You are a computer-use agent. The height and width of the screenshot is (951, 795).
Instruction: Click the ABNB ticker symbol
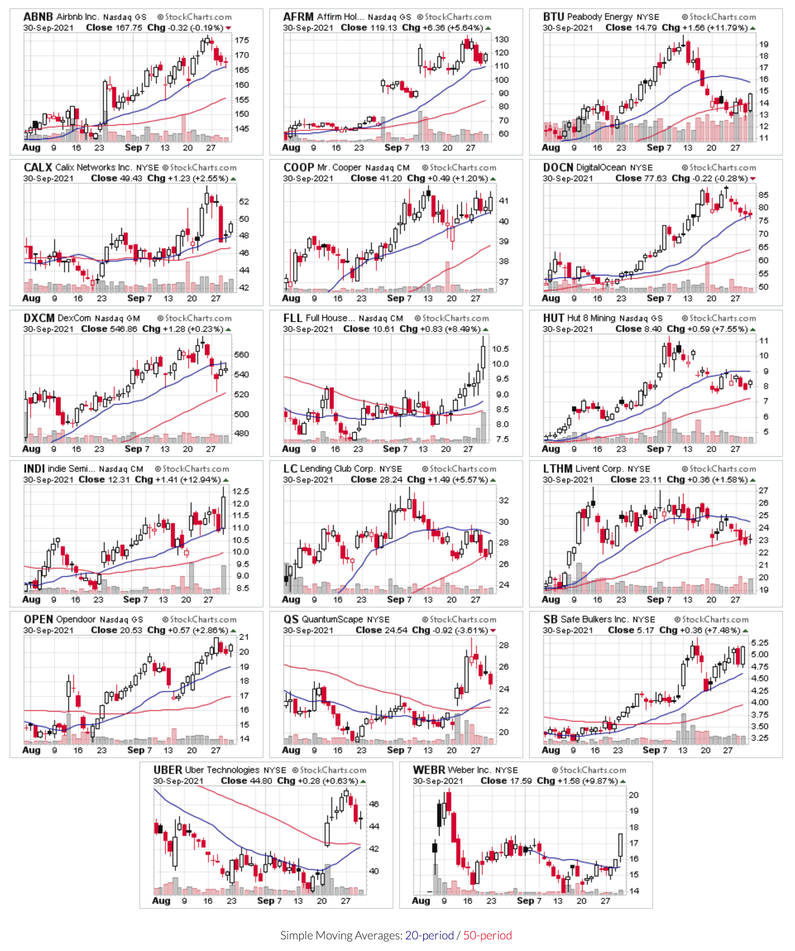click(38, 17)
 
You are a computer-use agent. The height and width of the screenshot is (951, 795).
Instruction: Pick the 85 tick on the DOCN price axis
click(763, 195)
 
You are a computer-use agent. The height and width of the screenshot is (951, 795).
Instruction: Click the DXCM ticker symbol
click(39, 318)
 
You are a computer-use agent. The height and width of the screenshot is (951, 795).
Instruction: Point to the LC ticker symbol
click(290, 469)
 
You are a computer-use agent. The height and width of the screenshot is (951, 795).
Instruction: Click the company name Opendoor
click(76, 620)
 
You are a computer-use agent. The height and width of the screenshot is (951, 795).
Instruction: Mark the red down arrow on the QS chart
click(493, 631)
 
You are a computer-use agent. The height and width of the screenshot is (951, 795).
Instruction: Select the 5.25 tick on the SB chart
click(760, 643)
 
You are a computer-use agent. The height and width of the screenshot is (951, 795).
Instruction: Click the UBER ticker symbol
click(168, 770)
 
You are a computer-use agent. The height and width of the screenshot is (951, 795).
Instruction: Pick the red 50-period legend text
click(487, 936)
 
